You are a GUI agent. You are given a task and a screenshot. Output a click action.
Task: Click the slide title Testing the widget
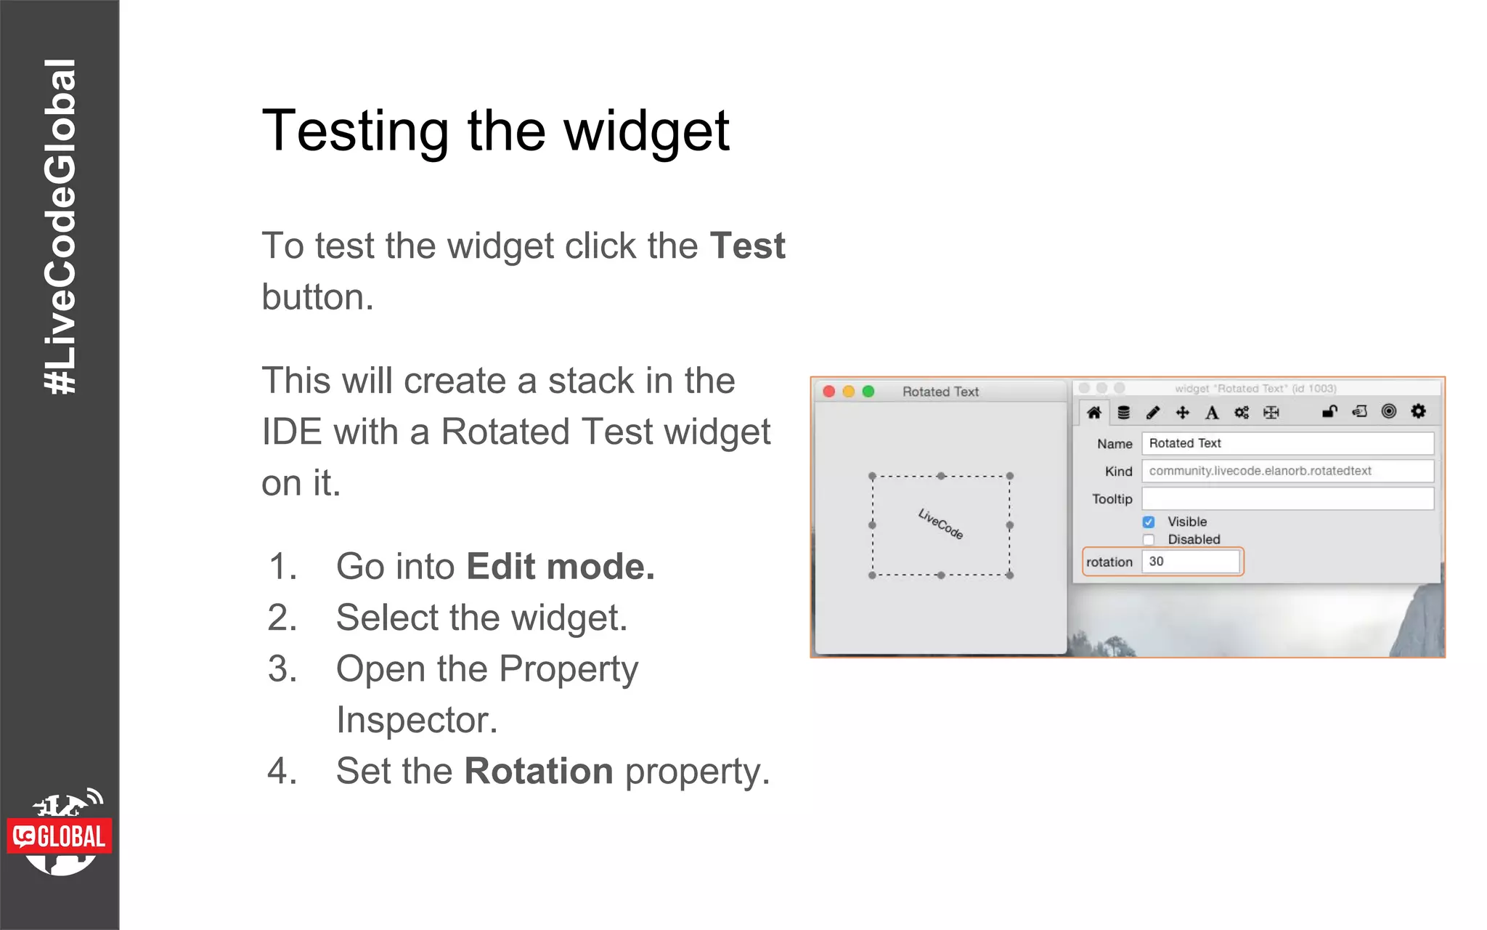[495, 131]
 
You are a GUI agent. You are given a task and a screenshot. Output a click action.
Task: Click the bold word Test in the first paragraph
[747, 246]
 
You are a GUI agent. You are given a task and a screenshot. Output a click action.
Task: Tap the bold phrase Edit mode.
[560, 567]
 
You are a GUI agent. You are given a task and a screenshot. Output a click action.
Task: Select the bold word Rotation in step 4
[539, 771]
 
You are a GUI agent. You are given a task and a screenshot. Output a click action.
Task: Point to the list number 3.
[282, 668]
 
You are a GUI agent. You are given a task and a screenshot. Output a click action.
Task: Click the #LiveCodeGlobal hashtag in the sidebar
[60, 227]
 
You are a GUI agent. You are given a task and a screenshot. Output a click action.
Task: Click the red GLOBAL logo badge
[60, 836]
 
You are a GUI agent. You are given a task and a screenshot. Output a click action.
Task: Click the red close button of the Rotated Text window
[828, 392]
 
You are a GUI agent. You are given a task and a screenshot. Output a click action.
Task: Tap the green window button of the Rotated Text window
[868, 392]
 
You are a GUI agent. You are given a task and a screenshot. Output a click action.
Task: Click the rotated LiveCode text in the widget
[940, 524]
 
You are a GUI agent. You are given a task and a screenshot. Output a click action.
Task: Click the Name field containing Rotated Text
[1287, 443]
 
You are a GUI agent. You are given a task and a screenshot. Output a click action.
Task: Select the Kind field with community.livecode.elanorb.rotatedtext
[1287, 471]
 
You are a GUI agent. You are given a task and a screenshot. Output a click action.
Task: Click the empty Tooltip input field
[1287, 498]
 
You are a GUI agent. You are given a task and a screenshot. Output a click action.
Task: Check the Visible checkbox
[1149, 522]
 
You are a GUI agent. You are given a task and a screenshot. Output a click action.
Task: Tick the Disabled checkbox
[1149, 540]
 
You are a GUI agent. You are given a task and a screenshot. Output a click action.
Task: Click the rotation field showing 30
[1190, 562]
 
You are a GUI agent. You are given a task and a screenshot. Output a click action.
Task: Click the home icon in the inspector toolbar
[1094, 413]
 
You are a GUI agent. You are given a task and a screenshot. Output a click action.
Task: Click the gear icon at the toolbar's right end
[1418, 412]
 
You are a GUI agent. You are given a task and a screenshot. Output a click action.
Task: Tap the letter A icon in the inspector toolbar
[1212, 413]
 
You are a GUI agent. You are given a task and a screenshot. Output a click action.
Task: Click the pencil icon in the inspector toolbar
[1153, 413]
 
